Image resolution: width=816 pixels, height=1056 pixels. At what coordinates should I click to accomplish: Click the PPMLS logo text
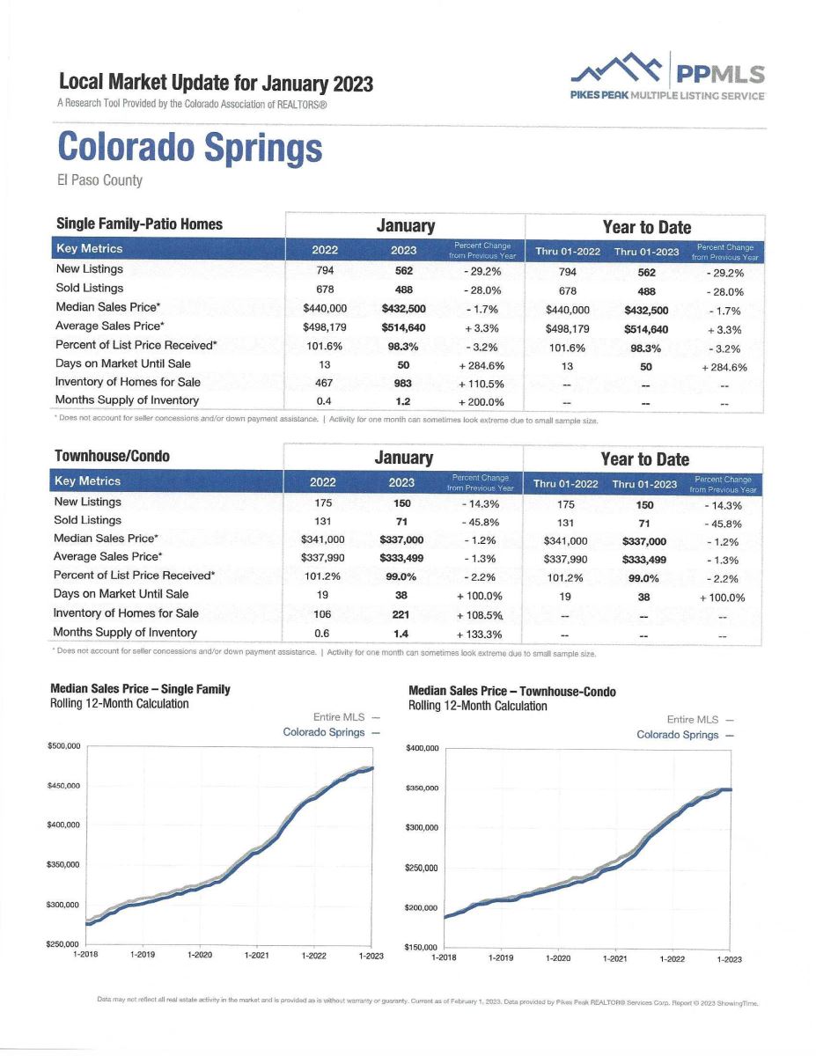tap(720, 74)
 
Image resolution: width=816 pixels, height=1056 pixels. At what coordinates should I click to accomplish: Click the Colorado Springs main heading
tap(190, 148)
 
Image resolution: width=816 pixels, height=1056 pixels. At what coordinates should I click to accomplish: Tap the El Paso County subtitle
tap(99, 180)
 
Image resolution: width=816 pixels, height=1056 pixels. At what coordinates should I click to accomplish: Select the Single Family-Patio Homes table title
tap(139, 224)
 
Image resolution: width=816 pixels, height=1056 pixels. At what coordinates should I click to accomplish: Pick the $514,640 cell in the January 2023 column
tap(403, 328)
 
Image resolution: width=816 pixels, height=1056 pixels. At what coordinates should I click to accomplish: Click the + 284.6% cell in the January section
tap(482, 365)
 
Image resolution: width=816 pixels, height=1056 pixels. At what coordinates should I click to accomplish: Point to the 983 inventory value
tap(403, 384)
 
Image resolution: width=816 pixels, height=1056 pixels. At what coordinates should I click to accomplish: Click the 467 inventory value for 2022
tap(324, 383)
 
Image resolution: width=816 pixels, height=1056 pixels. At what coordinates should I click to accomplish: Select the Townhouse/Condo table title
tap(113, 456)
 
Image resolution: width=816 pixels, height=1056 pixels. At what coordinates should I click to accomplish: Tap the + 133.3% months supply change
tap(479, 634)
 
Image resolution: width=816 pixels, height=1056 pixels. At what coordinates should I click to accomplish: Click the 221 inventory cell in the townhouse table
tap(401, 615)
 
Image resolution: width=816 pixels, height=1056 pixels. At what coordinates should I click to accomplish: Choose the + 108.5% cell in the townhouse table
tap(479, 615)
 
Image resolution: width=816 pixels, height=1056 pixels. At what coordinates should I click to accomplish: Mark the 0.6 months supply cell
tap(321, 634)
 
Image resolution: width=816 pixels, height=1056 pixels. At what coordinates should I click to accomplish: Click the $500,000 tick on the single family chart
tap(63, 746)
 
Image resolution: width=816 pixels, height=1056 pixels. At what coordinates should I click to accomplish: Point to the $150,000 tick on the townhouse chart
tap(422, 947)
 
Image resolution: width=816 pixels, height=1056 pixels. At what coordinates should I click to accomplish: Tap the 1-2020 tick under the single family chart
tap(200, 955)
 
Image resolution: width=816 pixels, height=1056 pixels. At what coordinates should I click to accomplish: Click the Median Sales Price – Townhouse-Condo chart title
tap(512, 692)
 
